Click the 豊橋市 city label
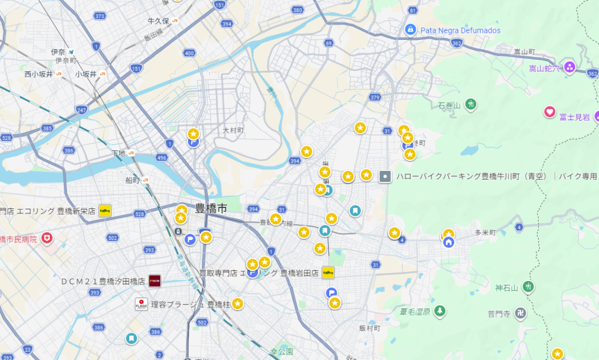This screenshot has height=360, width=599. pos(211,208)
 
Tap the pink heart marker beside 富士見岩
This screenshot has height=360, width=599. pos(549,111)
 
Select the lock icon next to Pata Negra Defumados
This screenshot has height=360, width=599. pos(410,29)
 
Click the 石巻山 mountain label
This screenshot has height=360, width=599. pos(450,105)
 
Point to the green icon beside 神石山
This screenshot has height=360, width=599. pos(529,287)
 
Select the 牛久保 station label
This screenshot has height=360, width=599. pos(158,21)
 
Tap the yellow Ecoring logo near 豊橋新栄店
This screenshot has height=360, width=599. pos(105,211)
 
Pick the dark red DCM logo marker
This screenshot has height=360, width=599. pos(155,280)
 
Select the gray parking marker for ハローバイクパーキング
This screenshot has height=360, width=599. pos(385,175)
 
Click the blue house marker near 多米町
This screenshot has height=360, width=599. pos(449,242)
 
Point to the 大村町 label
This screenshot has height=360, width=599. pos(233,130)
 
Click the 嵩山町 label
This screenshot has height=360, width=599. pos(525,52)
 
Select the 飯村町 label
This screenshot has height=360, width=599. pos(370,328)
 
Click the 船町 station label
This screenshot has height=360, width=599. pos(132,180)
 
